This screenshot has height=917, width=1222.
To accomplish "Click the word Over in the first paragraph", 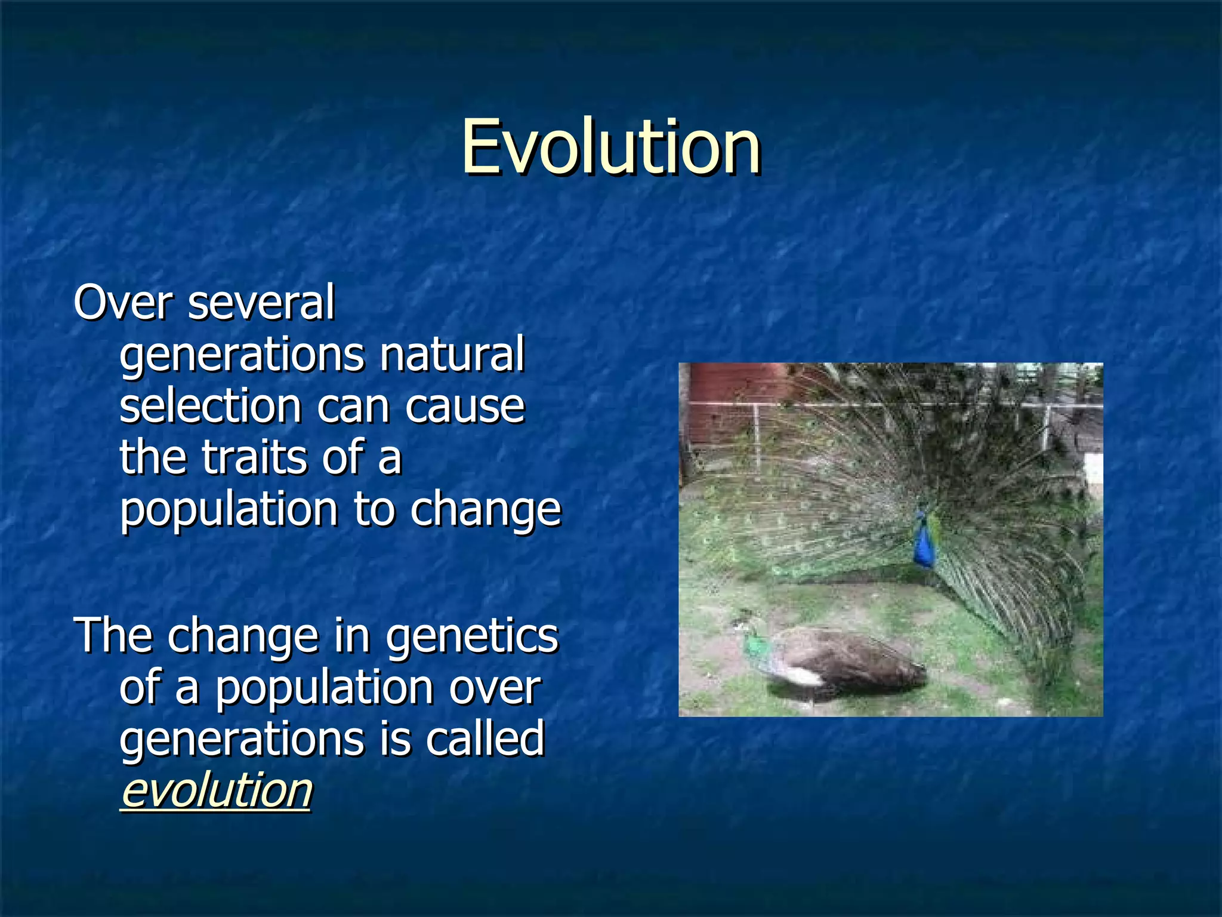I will pyautogui.click(x=122, y=303).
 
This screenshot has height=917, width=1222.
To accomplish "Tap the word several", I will pyautogui.click(x=261, y=303).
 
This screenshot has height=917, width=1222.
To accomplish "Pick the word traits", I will pyautogui.click(x=253, y=457).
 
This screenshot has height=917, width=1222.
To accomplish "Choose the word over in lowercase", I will pyautogui.click(x=495, y=688).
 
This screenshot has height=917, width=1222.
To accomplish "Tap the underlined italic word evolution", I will pyautogui.click(x=216, y=790).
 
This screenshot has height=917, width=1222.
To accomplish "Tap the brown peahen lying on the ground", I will pyautogui.click(x=847, y=663).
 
